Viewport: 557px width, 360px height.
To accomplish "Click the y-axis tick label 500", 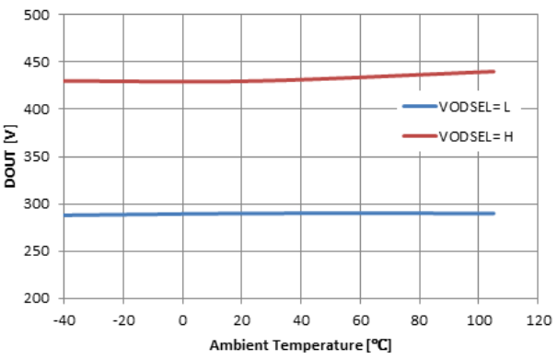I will pos(42,16).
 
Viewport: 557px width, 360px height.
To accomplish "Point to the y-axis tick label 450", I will pos(42,63).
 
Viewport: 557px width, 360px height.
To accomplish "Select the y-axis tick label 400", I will pos(42,110).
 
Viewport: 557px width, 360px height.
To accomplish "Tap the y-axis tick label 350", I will pos(42,157).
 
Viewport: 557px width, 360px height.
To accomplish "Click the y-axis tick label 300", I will pos(42,204).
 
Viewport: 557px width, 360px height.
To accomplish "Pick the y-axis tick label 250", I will pos(42,251).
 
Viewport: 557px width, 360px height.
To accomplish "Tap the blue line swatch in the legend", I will pos(419,108).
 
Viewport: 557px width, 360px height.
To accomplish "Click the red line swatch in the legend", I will pos(419,136).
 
